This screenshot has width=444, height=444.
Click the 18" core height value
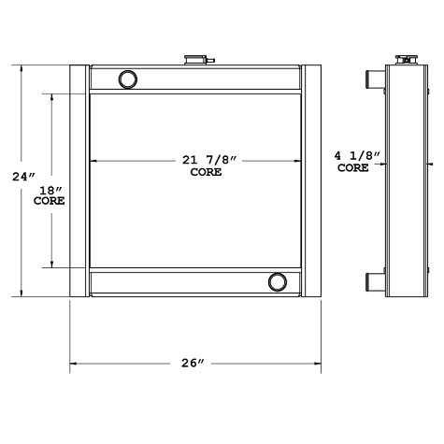pyautogui.click(x=49, y=190)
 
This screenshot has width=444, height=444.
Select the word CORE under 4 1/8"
pyautogui.click(x=352, y=169)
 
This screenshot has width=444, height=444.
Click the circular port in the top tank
pyautogui.click(x=127, y=78)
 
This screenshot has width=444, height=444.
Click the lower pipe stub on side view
pyautogui.click(x=375, y=280)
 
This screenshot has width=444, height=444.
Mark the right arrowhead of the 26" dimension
pyautogui.click(x=318, y=362)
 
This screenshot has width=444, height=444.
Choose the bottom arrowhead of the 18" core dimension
pyautogui.click(x=53, y=265)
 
